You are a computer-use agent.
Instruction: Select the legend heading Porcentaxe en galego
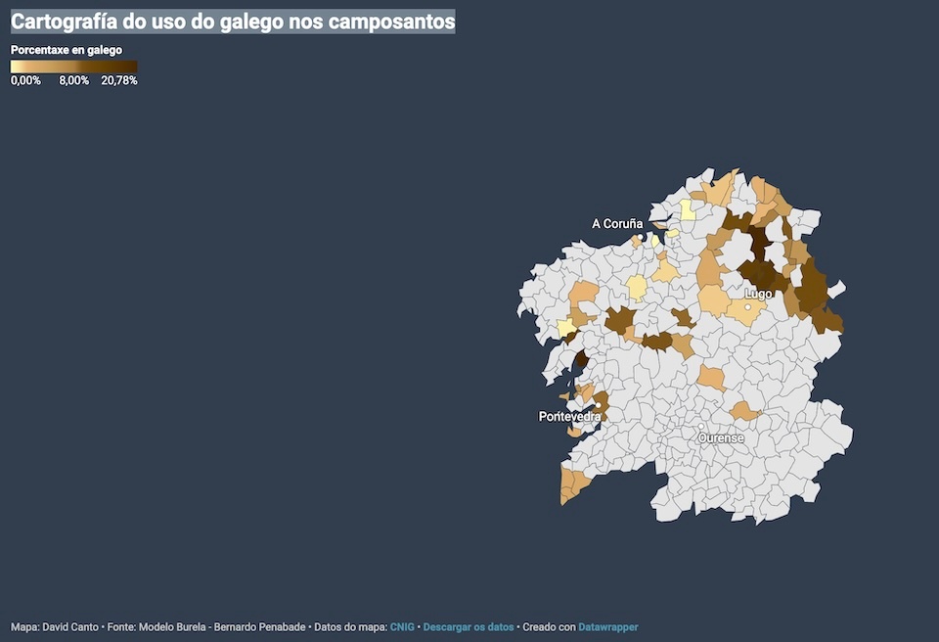pos(67,49)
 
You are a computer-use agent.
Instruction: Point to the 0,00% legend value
pos(25,81)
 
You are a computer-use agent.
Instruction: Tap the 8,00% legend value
pos(73,81)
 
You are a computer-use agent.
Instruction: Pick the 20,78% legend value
pos(119,81)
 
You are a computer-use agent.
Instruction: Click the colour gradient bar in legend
pos(73,67)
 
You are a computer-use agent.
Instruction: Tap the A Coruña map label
pos(617,224)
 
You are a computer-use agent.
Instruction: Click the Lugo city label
pos(758,294)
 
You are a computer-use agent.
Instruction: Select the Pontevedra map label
pos(569,417)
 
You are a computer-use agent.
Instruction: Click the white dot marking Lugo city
pos(748,307)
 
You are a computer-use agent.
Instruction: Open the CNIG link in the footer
pos(402,626)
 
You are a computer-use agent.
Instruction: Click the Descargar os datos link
pos(469,626)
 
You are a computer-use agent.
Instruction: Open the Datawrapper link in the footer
pos(607,626)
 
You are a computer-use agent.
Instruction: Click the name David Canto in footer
pos(70,626)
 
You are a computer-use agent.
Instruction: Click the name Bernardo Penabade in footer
pos(258,626)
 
